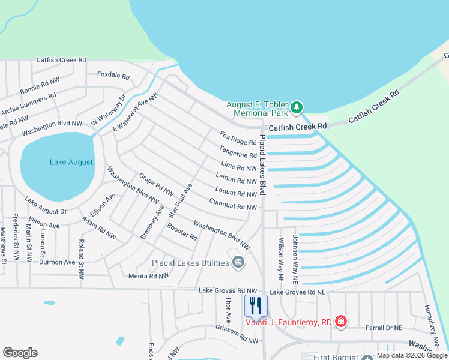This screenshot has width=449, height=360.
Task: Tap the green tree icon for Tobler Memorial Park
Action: [x=296, y=109]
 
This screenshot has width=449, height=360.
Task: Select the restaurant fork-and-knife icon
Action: [x=256, y=306]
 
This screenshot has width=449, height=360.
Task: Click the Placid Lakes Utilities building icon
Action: [x=238, y=262]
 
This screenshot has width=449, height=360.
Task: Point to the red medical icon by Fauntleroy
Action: [x=341, y=322]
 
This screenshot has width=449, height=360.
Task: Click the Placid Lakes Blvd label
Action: [x=262, y=166]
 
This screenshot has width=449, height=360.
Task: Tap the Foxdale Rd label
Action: [x=113, y=76]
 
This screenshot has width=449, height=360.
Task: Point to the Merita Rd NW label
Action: [x=149, y=276]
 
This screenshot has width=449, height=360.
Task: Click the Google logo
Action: [x=20, y=353]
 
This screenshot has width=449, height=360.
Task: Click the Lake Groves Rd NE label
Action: [x=297, y=292]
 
